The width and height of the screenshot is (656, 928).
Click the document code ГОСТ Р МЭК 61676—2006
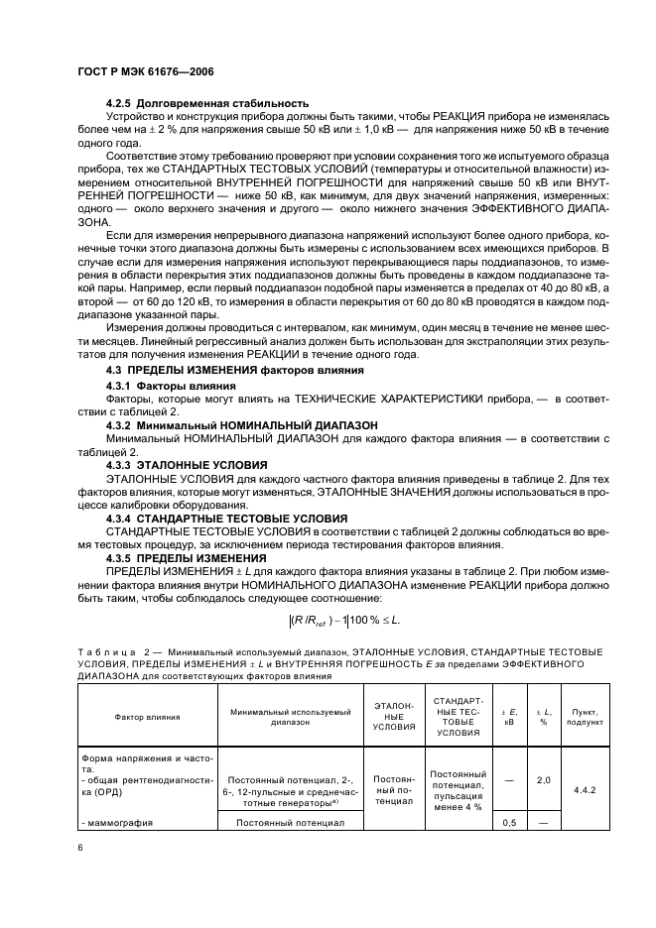pos(146,72)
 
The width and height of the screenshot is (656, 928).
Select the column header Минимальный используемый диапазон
pos(291,717)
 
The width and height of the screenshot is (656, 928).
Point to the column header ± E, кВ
pos(509,716)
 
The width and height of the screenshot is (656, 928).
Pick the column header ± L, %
pos(543,716)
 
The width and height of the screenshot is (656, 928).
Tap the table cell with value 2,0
pos(543,780)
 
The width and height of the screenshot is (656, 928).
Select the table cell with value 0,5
pos(509,823)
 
